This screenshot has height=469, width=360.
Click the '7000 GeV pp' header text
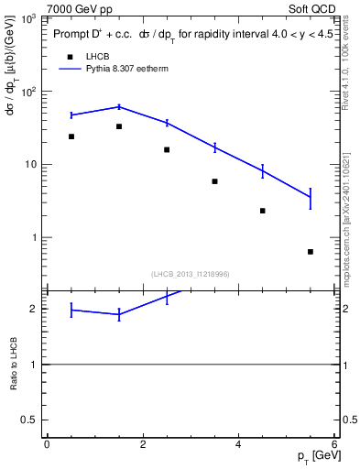pos(80,8)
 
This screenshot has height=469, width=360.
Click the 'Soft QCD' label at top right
pos(314,8)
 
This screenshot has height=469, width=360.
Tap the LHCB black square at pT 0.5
pos(71,136)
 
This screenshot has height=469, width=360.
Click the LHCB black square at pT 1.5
pos(119,126)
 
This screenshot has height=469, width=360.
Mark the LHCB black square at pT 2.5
pos(167,149)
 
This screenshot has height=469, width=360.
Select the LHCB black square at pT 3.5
pos(214,181)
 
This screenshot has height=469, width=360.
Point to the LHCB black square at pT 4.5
pos(263,211)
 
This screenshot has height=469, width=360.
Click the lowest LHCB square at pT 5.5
pos(311,252)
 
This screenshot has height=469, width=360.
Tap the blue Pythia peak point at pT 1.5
pos(119,106)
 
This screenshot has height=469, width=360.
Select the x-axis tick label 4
pos(239,444)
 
